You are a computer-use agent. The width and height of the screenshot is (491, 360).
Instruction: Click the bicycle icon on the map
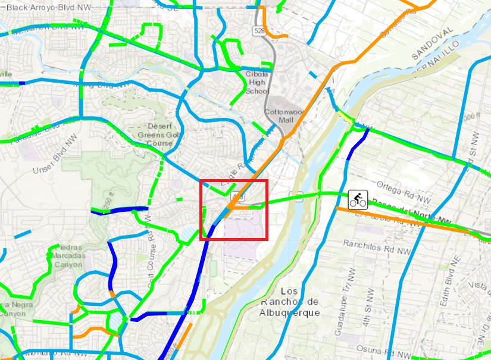click(x=358, y=199)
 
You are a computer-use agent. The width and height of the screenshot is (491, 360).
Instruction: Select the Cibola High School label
click(x=257, y=83)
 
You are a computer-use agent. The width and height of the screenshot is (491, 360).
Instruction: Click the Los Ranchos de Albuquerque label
click(x=290, y=302)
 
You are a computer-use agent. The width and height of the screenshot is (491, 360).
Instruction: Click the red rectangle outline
click(x=234, y=180)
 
